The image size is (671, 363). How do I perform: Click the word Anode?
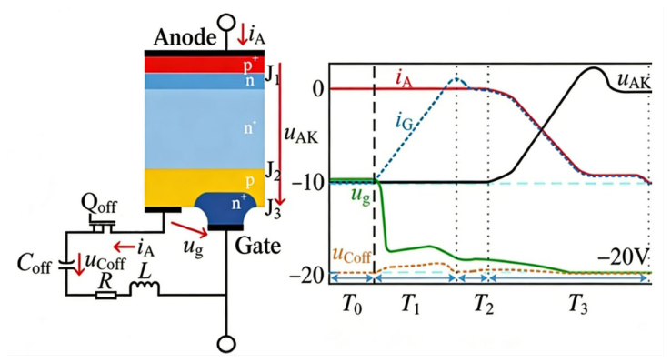pos(185,37)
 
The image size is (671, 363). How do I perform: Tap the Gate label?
pos(258,246)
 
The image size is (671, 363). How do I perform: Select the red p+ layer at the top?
pos(205,65)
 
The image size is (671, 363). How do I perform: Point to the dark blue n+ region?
pos(226,207)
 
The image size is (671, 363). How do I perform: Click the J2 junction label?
pos(273,171)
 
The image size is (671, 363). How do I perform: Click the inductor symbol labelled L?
pos(145,287)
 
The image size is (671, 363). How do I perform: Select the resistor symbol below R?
pos(105,295)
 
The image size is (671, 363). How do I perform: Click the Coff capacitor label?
pos(34,264)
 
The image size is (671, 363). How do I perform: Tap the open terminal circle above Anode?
pos(226,22)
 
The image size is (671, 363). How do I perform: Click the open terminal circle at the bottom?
pos(226,344)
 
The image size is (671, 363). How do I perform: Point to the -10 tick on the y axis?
pos(306,183)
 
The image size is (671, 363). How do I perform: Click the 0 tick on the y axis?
pos(318,89)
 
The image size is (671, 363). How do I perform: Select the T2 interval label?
pos(484,306)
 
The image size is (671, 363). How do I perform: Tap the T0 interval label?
pos(352,306)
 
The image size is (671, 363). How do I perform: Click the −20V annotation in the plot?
pos(623,258)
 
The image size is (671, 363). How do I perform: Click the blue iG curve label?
pos(405,124)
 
